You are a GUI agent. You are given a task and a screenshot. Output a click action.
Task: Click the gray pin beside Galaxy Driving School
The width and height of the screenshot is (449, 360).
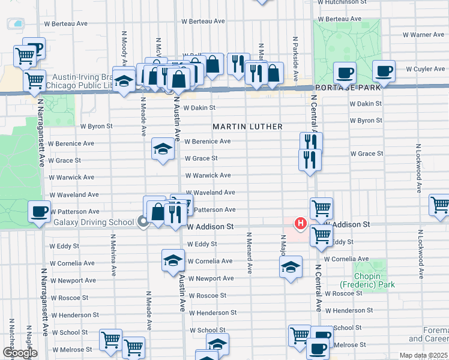143,223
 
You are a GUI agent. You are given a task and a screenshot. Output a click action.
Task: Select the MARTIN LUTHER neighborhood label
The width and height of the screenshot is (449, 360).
247,127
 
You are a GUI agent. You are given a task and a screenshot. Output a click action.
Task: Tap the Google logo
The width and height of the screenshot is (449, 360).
20,353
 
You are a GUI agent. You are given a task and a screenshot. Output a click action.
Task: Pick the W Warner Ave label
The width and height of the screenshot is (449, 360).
424,35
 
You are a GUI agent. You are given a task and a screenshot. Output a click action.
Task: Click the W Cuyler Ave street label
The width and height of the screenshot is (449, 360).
425,69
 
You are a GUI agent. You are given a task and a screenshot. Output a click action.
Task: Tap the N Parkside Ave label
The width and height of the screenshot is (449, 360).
296,58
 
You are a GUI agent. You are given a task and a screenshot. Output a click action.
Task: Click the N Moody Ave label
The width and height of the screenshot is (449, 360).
125,48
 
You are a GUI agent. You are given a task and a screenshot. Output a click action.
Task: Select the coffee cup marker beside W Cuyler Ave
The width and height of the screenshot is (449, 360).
383,71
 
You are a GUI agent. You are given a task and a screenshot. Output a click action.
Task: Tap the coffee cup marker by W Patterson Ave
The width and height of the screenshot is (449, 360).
40,211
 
